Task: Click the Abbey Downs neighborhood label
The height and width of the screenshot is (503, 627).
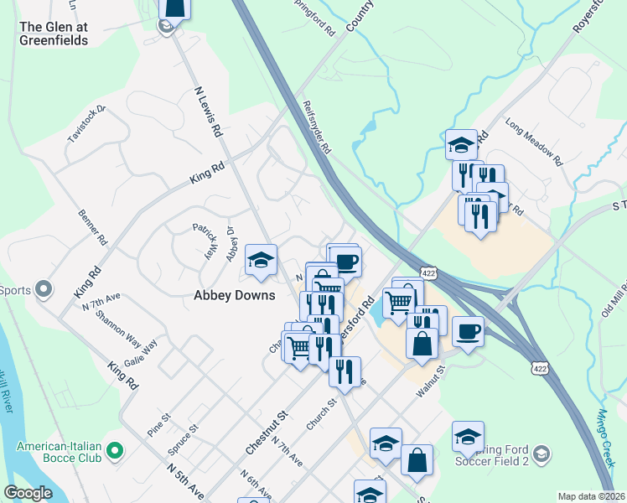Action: [x=234, y=295]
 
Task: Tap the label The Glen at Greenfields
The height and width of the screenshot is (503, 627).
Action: [x=54, y=34]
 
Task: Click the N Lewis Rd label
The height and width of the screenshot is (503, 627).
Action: [x=209, y=111]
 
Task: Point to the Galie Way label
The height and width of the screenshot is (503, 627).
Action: [x=140, y=355]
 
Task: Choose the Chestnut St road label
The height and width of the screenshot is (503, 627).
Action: [x=267, y=433]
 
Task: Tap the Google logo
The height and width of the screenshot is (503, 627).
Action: [x=28, y=493]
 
